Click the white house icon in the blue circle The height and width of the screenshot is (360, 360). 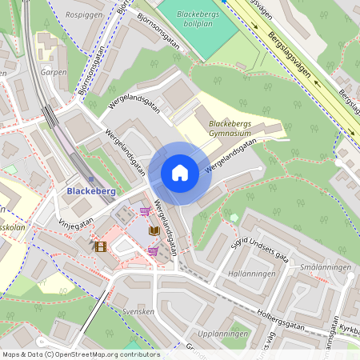coord(180,173)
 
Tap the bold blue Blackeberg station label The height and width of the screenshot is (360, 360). coord(92,192)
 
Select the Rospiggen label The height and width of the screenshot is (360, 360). coord(85,14)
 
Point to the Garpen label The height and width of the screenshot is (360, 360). coord(53,71)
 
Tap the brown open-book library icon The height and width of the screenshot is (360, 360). coord(154,230)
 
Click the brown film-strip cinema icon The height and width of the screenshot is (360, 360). coord(100,246)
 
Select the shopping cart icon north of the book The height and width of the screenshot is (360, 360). coord(145,211)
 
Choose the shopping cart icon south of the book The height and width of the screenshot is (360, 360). coord(153,251)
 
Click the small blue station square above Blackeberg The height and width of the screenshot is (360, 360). coord(90,178)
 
